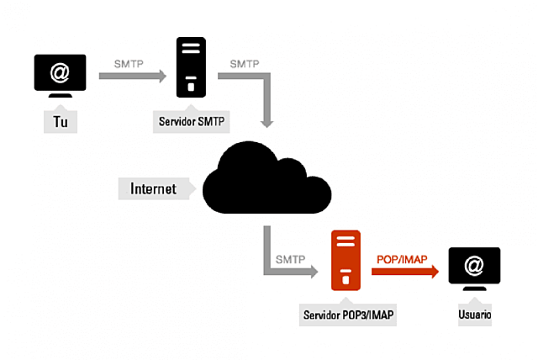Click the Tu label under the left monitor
60,123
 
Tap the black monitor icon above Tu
60,76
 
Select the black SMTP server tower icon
192,69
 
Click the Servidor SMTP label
193,122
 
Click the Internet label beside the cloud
153,188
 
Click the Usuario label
475,316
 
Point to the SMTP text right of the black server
245,63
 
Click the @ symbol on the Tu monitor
60,72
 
